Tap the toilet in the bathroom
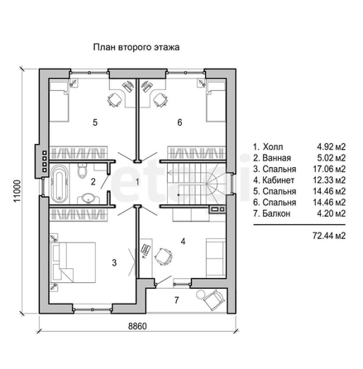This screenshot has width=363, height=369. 83,170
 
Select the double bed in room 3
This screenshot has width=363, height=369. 73,262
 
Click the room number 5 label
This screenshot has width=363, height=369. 95,122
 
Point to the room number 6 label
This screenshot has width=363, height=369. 179,122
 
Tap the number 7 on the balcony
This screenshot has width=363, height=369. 176,300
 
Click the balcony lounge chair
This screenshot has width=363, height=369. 213,300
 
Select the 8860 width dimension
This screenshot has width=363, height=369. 137,326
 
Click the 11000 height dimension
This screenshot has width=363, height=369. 17,191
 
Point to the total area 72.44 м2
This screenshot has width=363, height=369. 329,236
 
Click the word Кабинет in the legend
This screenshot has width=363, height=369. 279,180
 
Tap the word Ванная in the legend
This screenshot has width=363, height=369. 276,158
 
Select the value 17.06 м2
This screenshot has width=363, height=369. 329,169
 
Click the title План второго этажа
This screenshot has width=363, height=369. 136,47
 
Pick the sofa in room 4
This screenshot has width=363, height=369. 216,257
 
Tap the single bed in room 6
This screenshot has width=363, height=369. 216,102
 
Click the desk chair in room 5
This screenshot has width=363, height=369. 114,99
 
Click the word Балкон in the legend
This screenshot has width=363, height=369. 276,213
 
